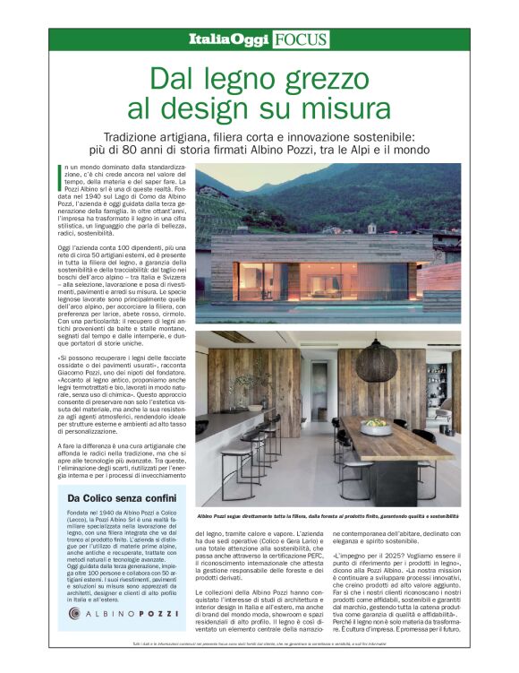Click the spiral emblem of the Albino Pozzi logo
[74, 614]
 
